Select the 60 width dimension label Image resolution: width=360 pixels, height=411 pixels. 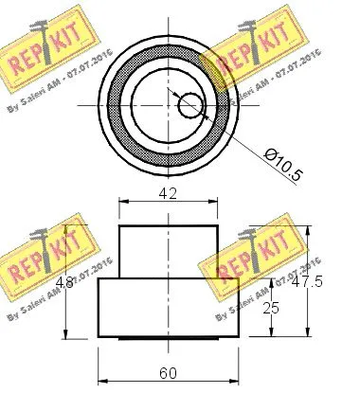point(169,374)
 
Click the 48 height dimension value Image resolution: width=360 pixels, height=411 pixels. point(63,282)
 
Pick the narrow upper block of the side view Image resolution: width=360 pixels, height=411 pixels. point(169,252)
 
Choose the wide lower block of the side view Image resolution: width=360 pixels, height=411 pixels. point(169,308)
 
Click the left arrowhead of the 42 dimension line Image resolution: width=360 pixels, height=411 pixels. point(122,202)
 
